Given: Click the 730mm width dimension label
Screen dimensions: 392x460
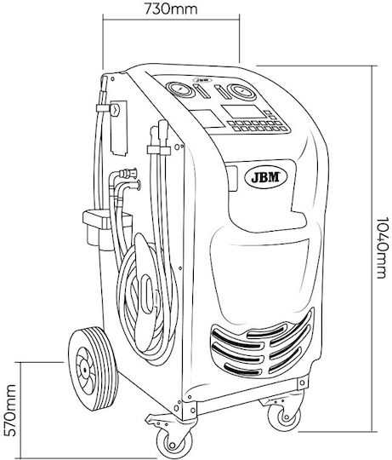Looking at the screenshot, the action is point(171,9).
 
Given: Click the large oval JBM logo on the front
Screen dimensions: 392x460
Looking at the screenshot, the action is point(266,177).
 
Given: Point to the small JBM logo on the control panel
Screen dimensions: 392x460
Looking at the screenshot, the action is point(202,79).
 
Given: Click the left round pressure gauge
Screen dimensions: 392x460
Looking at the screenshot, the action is point(179,89).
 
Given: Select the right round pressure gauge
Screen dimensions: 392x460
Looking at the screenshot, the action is point(242,92).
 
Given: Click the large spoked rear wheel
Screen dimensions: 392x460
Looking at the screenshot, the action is point(93,369).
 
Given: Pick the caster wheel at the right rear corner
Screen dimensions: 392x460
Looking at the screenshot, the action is point(284,414).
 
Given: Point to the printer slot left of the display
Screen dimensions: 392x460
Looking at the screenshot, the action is point(207,118).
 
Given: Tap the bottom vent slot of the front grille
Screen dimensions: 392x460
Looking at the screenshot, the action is point(242,370).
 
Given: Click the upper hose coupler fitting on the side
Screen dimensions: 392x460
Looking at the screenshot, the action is point(128,173).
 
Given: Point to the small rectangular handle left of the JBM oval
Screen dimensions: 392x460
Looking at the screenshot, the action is point(233,178).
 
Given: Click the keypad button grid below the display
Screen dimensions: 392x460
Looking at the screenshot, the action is point(258,126).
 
